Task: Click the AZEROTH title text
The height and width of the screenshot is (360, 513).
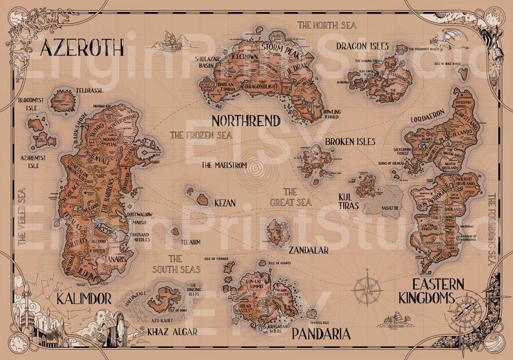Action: click(x=81, y=47)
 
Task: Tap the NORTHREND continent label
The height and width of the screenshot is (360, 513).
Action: click(x=246, y=121)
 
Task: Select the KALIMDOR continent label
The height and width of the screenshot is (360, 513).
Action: click(x=84, y=299)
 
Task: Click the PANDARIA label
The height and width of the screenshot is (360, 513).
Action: click(x=321, y=334)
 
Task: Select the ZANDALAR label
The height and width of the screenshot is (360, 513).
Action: click(x=309, y=249)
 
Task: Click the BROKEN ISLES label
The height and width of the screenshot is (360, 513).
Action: click(x=350, y=142)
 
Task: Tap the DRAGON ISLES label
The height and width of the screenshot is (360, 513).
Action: click(x=362, y=47)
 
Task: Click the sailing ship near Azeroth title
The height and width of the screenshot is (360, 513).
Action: click(x=170, y=43)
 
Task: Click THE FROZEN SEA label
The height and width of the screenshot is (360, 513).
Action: click(x=200, y=136)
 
